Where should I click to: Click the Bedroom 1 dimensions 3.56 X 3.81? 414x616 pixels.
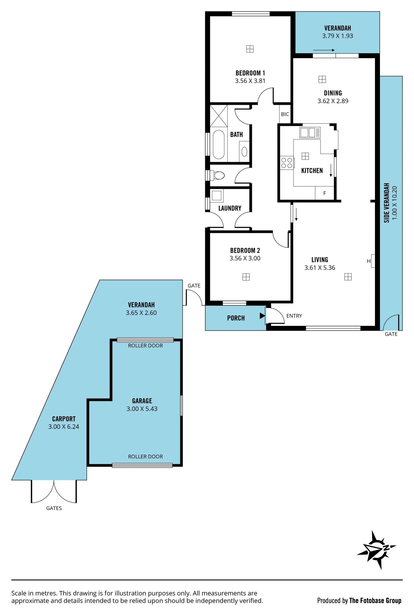pos(250,81)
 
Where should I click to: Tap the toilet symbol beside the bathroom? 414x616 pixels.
pos(217,175)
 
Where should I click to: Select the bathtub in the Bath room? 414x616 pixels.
pos(219,144)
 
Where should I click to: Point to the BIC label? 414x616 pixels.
pos(285,114)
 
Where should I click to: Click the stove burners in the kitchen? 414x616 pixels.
pos(287,163)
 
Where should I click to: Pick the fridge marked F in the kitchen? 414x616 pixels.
pos(325,193)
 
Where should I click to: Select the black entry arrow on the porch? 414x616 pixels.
pos(262,316)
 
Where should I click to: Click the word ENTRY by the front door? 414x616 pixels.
pos(294,316)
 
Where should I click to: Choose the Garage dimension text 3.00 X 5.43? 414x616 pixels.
pos(142,409)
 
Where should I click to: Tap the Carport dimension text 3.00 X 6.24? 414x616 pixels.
pos(64,427)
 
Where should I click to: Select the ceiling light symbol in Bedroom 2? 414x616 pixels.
pos(246,277)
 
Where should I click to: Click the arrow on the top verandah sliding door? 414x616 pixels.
pos(324,50)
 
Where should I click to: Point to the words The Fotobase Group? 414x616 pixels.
pos(375,593)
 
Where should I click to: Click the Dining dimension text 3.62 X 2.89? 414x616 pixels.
pos(333,101)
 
